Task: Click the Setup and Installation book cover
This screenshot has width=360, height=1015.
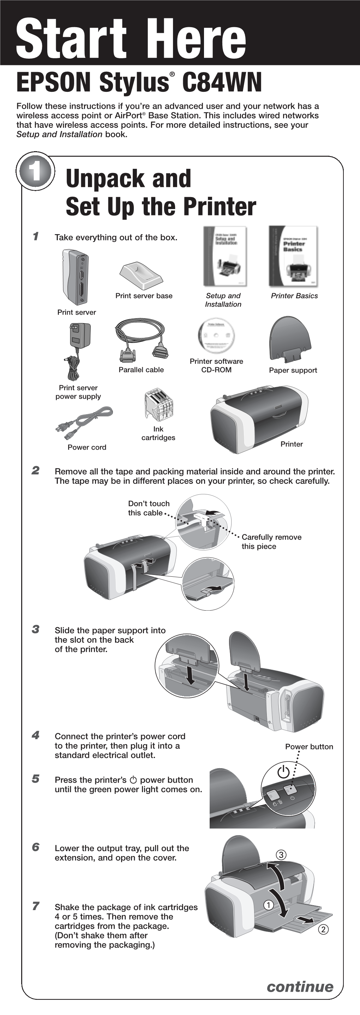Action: pos(225,256)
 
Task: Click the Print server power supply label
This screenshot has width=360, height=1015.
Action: pos(78,392)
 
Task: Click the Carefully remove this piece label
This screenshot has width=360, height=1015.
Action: pos(271,542)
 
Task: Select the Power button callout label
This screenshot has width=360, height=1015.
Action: pos(309,747)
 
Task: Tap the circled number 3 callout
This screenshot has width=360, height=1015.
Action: pos(281,855)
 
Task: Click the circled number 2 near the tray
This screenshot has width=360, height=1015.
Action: pos(323,930)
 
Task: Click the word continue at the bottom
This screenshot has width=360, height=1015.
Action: pos(300,986)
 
